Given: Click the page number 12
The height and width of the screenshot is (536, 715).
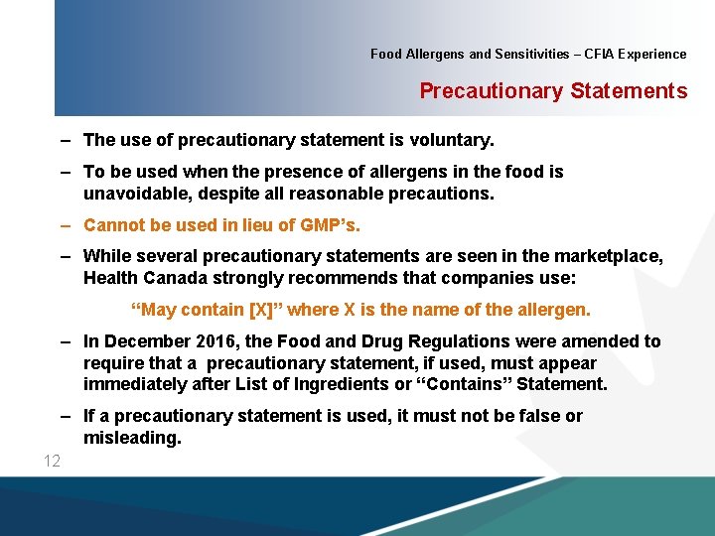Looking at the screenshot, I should click(52, 461).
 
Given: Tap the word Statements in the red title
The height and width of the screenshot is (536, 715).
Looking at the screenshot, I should click(629, 91).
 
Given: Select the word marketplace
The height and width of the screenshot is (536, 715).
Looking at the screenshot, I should click(609, 257).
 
